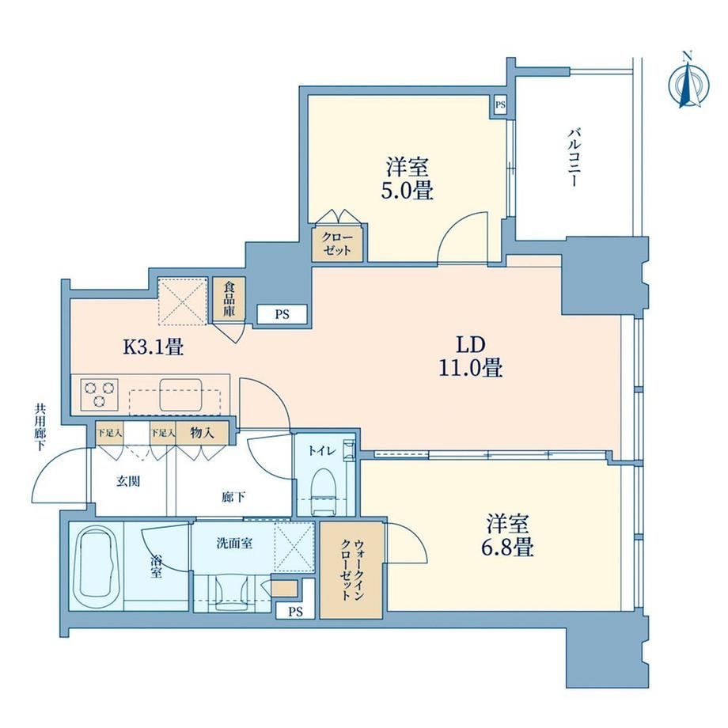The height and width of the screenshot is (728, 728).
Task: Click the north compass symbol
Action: click(x=688, y=85)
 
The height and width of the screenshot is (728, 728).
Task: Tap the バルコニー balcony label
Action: click(x=574, y=157)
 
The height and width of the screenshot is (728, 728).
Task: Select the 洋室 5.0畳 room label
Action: click(x=408, y=179)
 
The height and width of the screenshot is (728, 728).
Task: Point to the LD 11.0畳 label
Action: click(x=471, y=356)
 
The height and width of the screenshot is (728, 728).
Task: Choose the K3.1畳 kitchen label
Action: click(x=153, y=347)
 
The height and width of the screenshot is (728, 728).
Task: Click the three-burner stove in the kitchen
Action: click(x=99, y=395)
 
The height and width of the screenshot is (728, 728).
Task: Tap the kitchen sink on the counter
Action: click(x=181, y=395)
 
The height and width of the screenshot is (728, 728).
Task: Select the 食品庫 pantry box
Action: click(x=229, y=298)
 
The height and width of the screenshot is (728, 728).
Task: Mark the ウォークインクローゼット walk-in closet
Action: click(x=351, y=571)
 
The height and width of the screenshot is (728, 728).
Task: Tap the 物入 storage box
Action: click(x=202, y=433)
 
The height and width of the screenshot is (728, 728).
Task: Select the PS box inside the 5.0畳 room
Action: click(x=499, y=105)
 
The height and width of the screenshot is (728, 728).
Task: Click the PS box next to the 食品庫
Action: click(x=282, y=314)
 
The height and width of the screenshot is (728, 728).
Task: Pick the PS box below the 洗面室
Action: click(x=295, y=612)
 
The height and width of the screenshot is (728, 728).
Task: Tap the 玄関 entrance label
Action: click(x=127, y=481)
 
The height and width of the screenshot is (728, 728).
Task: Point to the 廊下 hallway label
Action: click(x=233, y=498)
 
